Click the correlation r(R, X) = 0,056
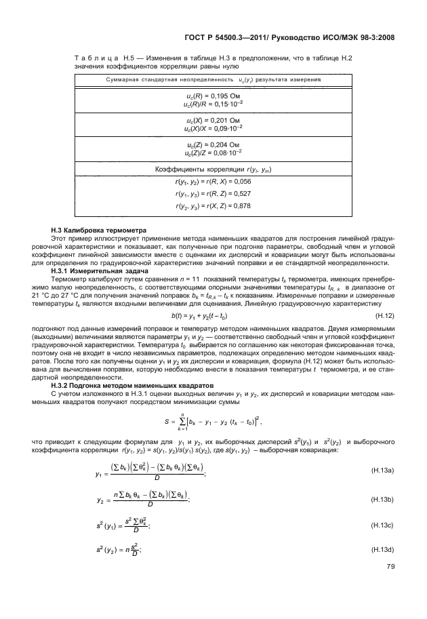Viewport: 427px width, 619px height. tap(213, 182)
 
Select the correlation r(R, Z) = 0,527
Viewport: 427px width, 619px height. tap(213, 194)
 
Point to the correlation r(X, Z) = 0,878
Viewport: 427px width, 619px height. tap(213, 205)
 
